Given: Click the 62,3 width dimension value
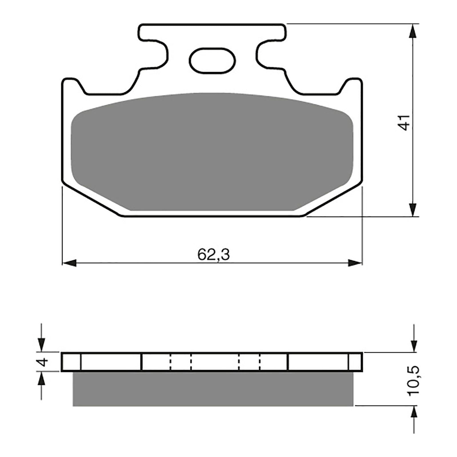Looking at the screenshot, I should (x=213, y=254).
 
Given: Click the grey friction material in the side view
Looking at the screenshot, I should (x=213, y=388).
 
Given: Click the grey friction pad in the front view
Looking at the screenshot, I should (x=212, y=151).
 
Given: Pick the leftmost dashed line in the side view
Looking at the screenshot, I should (x=171, y=362).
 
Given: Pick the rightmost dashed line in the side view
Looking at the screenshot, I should (x=260, y=362).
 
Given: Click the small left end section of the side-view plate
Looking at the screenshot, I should (x=71, y=362).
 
